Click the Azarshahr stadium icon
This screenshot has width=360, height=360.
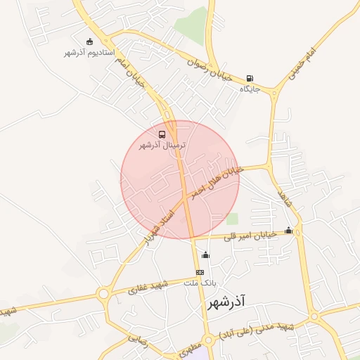click(x=89, y=42)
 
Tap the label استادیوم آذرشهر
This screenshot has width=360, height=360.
click(x=84, y=53)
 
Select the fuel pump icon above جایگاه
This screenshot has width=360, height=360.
click(x=250, y=78)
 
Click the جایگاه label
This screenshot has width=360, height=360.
click(x=250, y=89)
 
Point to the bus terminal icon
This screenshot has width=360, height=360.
click(x=162, y=134)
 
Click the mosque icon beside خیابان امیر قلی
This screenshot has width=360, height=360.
click(x=288, y=230)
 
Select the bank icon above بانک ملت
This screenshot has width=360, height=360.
click(x=200, y=272)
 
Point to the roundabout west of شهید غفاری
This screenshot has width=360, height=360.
click(x=104, y=294)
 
